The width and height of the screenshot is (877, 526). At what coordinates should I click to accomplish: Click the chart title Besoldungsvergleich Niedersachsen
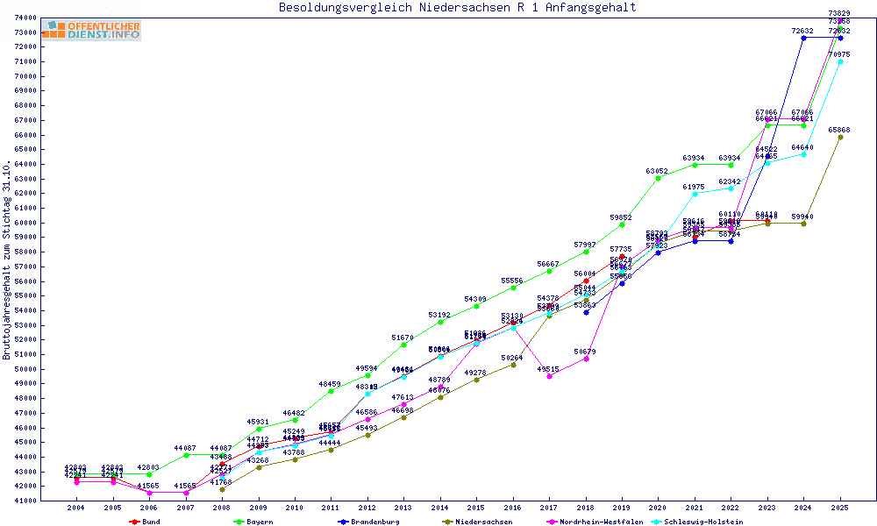[457, 8]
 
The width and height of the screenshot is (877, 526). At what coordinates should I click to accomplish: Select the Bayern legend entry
[253, 522]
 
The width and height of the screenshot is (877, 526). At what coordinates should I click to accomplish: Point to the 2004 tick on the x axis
[77, 508]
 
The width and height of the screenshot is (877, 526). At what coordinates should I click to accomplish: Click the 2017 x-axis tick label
[550, 508]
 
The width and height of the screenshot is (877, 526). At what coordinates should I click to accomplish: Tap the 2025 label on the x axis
[840, 508]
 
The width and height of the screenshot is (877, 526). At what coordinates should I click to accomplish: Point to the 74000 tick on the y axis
[25, 18]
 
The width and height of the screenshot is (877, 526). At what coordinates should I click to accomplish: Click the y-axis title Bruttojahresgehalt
[8, 259]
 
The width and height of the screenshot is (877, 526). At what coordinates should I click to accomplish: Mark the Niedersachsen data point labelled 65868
[840, 137]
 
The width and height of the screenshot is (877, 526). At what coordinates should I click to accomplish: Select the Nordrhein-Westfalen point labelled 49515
[550, 376]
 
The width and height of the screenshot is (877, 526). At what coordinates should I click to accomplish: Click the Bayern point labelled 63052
[659, 178]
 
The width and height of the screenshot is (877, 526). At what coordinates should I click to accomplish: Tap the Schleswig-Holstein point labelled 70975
[840, 61]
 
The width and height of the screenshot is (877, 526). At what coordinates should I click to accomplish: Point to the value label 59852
[622, 217]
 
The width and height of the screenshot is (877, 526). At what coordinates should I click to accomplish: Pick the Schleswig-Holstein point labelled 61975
[695, 194]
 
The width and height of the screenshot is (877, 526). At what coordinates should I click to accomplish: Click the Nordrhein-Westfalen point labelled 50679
[586, 359]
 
